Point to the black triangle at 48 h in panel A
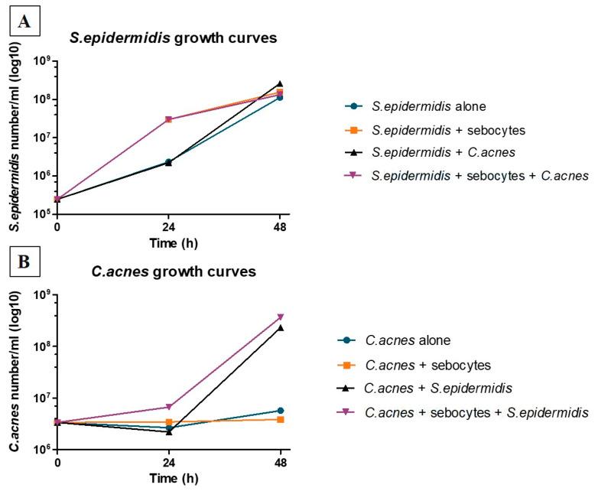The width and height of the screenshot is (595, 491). pyautogui.click(x=280, y=83)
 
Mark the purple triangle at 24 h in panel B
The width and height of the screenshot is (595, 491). pyautogui.click(x=168, y=407)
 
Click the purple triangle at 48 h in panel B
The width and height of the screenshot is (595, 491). pyautogui.click(x=280, y=317)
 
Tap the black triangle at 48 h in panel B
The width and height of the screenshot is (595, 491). pyautogui.click(x=280, y=327)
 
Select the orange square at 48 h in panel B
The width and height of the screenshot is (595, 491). pyautogui.click(x=280, y=419)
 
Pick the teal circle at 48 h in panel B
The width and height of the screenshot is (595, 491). pyautogui.click(x=280, y=411)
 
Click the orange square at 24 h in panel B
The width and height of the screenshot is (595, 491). pyautogui.click(x=168, y=422)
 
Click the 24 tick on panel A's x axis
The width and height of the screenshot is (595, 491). pyautogui.click(x=168, y=227)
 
